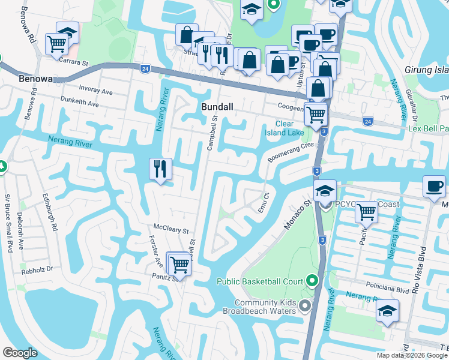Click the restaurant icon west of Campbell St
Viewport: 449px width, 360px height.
[160, 169]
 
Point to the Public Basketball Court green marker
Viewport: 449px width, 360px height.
[312, 280]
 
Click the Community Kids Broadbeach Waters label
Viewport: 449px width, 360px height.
[257, 307]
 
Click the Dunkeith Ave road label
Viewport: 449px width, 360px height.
[79, 103]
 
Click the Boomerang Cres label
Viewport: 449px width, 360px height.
[291, 151]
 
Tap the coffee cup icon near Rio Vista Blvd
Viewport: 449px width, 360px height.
[434, 185]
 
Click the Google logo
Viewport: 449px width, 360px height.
[20, 353]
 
